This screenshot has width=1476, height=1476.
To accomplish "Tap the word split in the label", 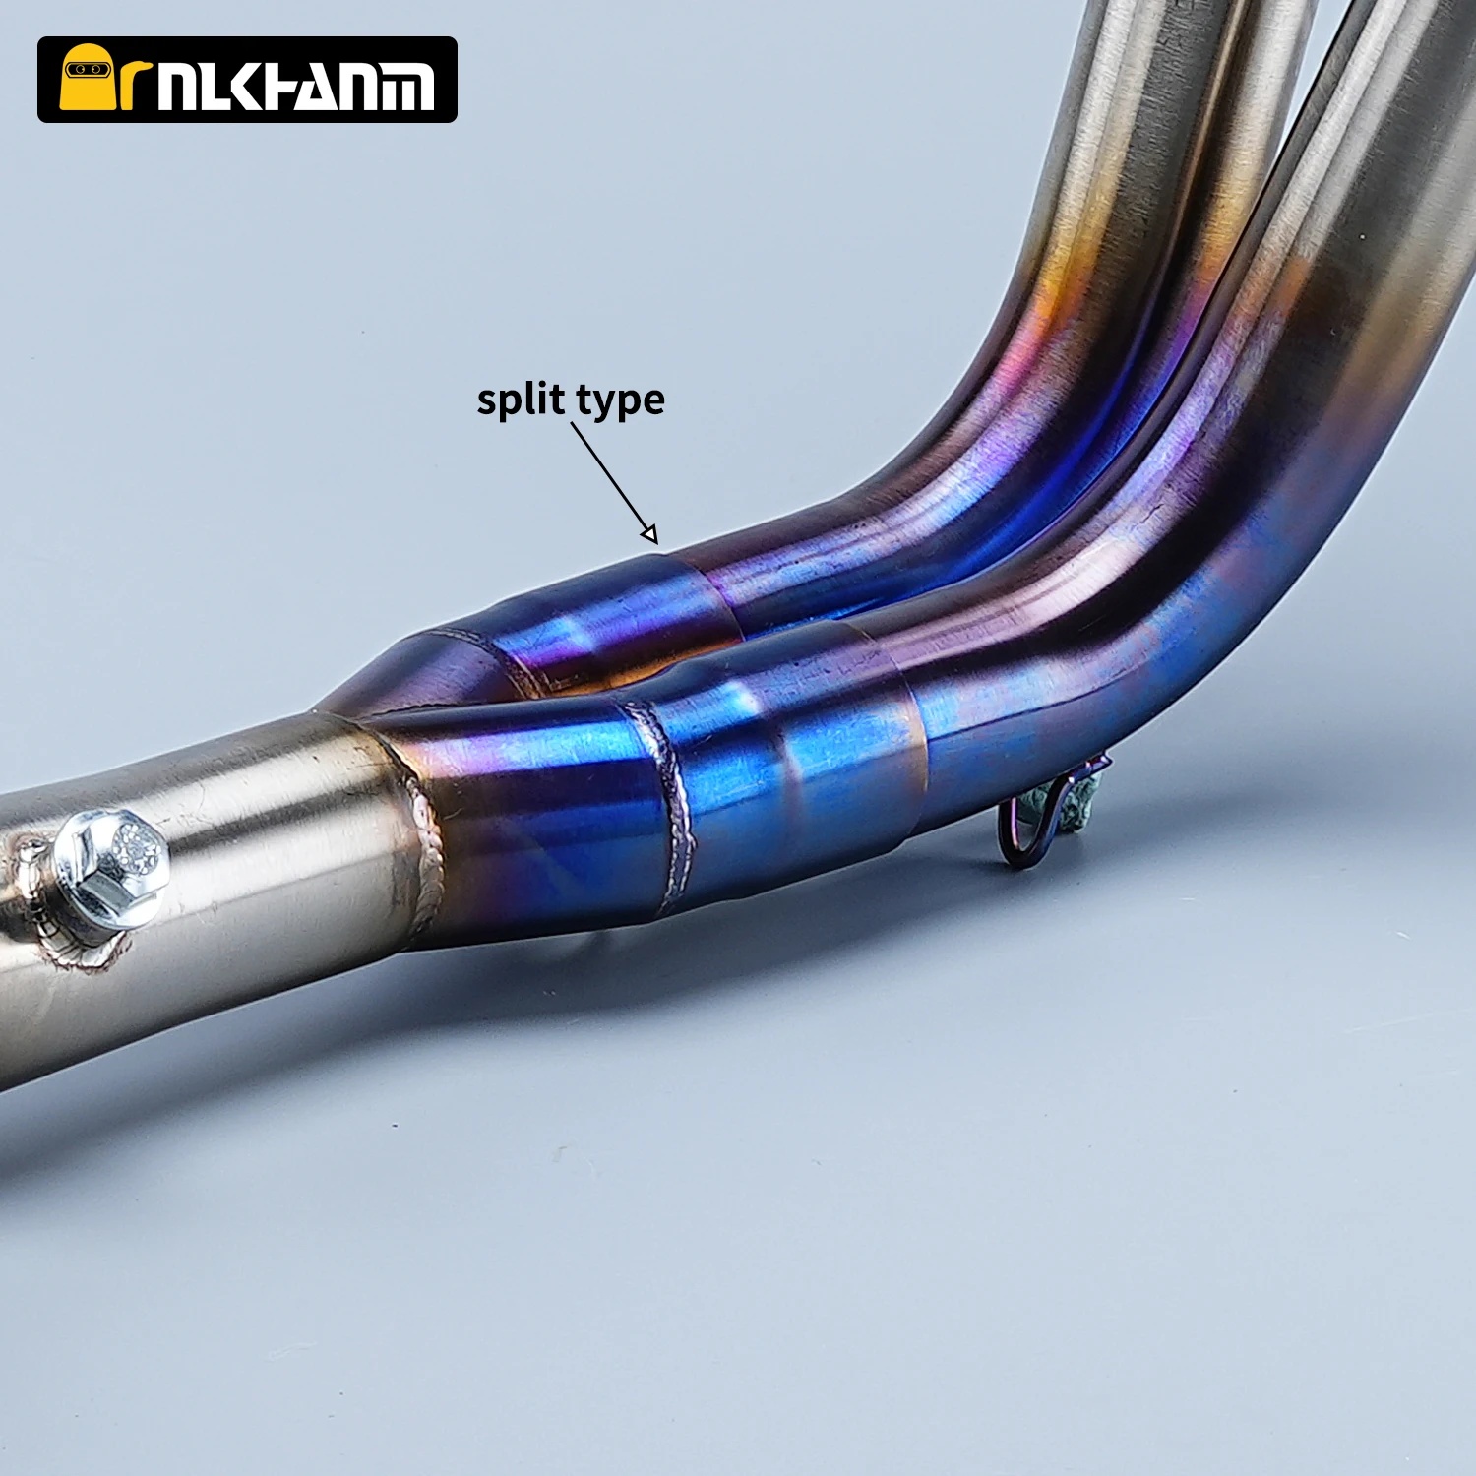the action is point(521,400).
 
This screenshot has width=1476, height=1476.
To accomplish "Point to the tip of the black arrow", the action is point(654,542).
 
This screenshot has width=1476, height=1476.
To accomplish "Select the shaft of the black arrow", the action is point(613,483).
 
